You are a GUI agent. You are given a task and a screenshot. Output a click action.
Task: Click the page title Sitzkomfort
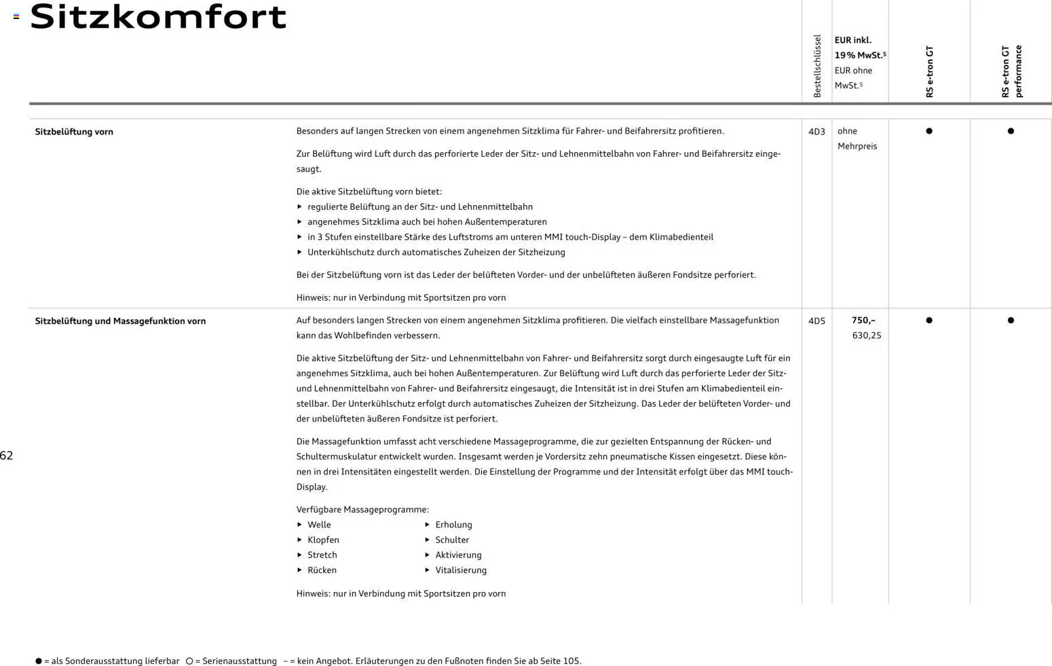[158, 17]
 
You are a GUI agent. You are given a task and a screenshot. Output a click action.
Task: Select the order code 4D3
[816, 132]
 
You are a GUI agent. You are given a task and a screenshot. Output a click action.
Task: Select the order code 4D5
[816, 321]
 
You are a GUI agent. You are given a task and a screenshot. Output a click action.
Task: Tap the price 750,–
[863, 320]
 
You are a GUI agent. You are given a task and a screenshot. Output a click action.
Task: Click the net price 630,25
[867, 335]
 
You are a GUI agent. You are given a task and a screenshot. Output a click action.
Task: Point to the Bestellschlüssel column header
[817, 66]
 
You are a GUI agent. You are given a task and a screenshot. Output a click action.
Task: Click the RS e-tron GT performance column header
[1011, 71]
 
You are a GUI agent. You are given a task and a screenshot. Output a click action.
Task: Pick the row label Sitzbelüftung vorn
[74, 132]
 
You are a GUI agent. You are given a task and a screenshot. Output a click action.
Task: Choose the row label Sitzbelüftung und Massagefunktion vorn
[120, 321]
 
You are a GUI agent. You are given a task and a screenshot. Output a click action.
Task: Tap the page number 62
[7, 456]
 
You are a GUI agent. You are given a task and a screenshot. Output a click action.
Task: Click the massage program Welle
[319, 525]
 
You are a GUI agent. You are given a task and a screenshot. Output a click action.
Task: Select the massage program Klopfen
[323, 540]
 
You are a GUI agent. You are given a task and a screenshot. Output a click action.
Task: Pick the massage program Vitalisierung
[461, 570]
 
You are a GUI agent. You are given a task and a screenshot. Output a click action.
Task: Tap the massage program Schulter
[452, 540]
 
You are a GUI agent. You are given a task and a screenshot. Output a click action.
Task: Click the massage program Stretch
[322, 555]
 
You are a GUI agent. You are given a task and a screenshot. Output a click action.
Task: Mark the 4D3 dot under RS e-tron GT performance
[1011, 131]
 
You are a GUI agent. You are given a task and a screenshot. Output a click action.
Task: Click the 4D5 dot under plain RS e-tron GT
[929, 320]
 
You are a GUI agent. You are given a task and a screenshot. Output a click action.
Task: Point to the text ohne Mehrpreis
[857, 138]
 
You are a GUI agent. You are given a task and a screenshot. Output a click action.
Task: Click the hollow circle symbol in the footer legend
[189, 661]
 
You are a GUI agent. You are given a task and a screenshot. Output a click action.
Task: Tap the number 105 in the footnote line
[571, 661]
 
